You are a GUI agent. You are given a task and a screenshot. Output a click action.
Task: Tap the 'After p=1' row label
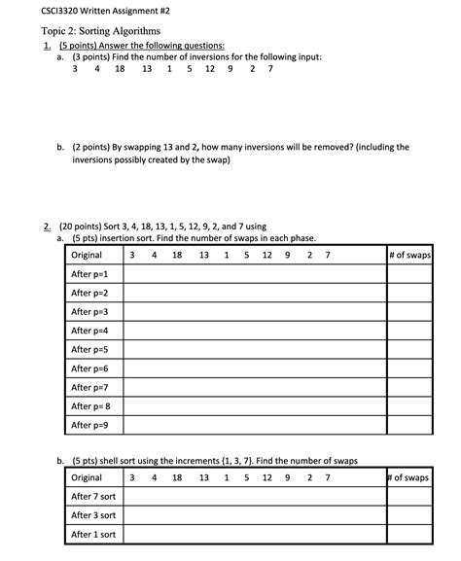tap(89, 274)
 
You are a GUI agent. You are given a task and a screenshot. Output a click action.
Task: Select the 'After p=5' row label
tap(89, 349)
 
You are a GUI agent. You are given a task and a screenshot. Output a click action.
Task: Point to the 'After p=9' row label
tap(89, 425)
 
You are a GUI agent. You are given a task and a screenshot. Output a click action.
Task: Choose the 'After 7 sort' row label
tap(93, 497)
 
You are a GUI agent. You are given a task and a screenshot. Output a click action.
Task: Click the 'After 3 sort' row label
tap(93, 515)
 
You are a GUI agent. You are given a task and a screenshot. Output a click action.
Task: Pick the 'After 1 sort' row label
tap(93, 535)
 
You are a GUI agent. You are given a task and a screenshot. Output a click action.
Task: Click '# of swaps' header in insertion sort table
tap(408, 255)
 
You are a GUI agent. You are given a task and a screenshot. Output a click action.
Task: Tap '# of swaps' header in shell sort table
tap(408, 477)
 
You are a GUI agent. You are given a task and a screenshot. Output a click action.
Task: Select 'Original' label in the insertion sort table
tap(87, 255)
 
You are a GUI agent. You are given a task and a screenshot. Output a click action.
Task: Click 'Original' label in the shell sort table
tap(87, 477)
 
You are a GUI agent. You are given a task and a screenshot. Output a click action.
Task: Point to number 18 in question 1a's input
tap(120, 69)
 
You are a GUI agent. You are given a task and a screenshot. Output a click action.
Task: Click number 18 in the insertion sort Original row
tap(177, 255)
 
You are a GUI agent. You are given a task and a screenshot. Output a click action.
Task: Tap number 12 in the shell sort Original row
tap(266, 477)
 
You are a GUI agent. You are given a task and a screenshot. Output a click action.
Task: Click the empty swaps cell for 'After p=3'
tap(408, 312)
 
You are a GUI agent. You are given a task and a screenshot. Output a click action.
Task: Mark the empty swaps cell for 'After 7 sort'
tap(408, 497)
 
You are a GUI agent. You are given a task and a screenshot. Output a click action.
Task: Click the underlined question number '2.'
tap(47, 226)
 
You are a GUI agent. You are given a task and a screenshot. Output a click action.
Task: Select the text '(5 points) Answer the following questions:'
tap(141, 45)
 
